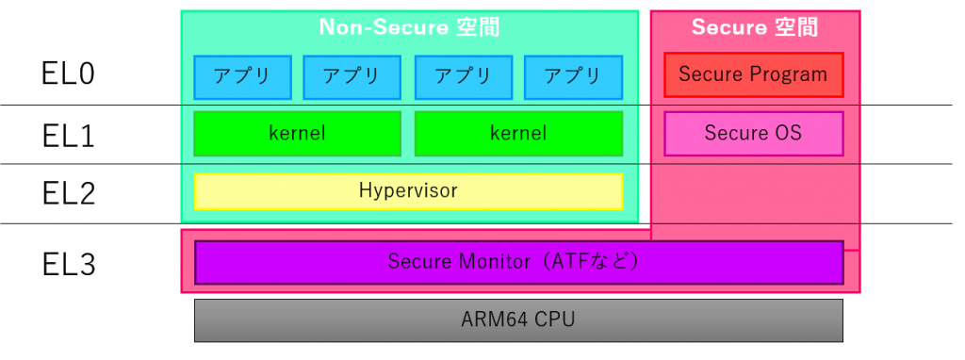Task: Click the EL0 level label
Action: [x=69, y=74]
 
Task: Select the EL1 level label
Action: [x=69, y=136]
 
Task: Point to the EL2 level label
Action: [x=69, y=193]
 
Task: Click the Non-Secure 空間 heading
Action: [x=408, y=27]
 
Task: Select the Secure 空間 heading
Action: [x=754, y=27]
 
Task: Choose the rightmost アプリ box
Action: [x=573, y=77]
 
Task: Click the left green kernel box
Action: [x=297, y=134]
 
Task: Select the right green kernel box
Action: [x=518, y=134]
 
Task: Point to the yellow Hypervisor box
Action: [x=408, y=191]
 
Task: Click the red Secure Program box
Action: [x=753, y=74]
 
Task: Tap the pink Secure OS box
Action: [x=753, y=134]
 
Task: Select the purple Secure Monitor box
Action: [x=518, y=262]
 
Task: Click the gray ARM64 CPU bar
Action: [x=518, y=320]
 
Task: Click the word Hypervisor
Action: [x=408, y=191]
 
